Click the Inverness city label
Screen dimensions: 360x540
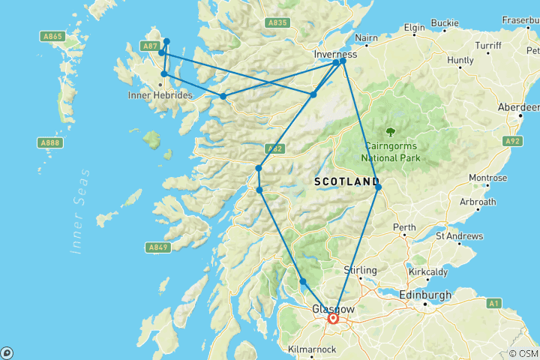(x=336, y=55)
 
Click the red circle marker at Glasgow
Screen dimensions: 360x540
(x=334, y=318)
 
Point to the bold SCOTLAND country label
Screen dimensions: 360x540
(x=346, y=182)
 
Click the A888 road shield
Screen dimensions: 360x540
(x=51, y=142)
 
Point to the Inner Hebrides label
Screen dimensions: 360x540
(x=160, y=95)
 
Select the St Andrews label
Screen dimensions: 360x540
(x=460, y=235)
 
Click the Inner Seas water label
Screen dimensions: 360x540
(x=80, y=212)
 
